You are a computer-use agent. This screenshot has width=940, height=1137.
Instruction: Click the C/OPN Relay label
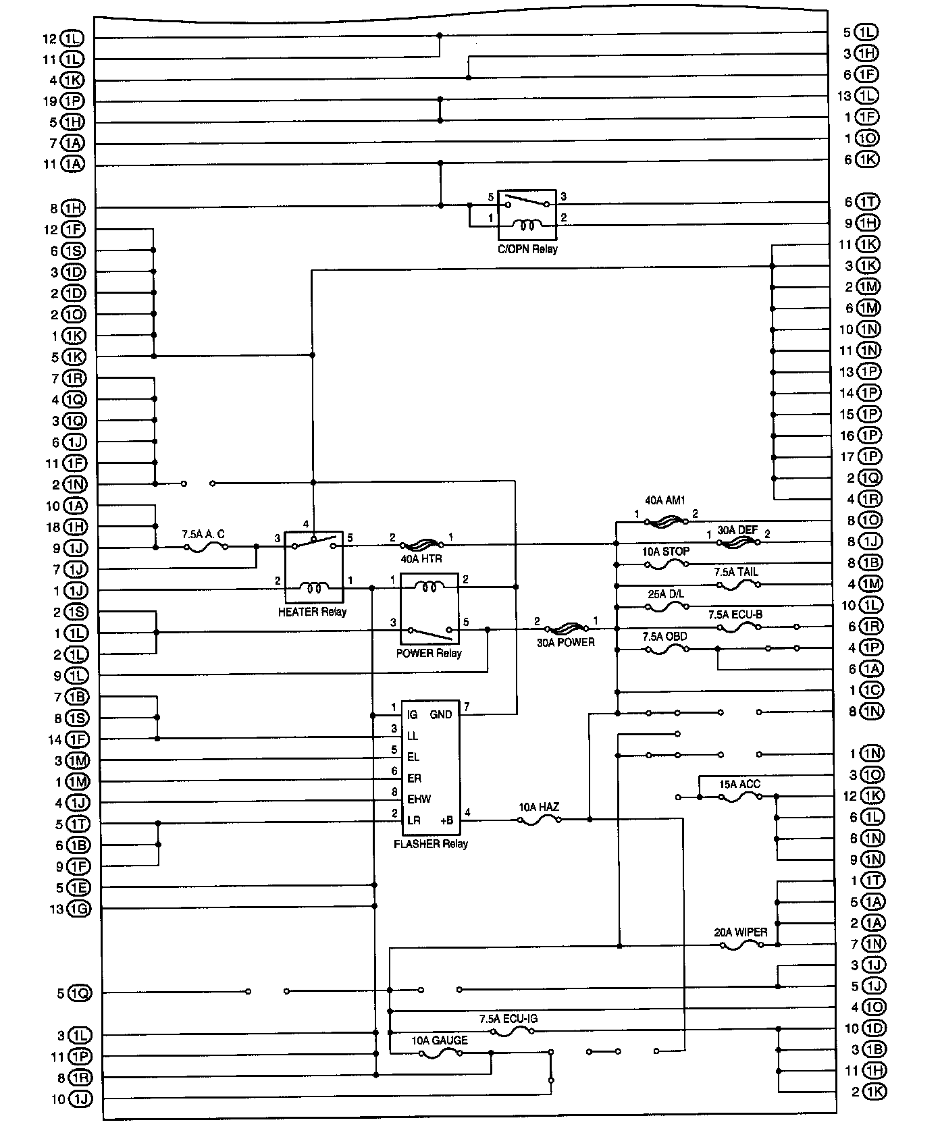click(x=527, y=249)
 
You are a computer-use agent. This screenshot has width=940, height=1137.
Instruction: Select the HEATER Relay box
click(x=313, y=566)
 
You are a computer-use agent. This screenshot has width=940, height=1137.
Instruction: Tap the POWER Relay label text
click(x=429, y=653)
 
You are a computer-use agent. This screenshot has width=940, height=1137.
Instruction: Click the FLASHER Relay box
click(x=430, y=767)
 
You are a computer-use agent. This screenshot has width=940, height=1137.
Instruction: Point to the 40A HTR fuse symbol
click(x=422, y=544)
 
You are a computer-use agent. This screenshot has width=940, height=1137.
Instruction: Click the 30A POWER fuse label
click(x=566, y=642)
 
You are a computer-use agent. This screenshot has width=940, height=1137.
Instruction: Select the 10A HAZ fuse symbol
click(x=539, y=820)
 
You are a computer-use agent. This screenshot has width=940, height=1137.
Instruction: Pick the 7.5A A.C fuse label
click(x=203, y=534)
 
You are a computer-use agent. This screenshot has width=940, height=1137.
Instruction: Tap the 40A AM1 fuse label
click(x=665, y=501)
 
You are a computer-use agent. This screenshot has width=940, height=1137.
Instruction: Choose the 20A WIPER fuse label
click(x=741, y=932)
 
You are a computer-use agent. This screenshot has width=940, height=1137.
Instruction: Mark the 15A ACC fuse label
click(x=739, y=784)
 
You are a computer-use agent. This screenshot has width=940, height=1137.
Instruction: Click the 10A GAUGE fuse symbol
click(x=440, y=1053)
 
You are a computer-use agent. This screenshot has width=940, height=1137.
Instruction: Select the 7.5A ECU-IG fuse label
click(x=508, y=1019)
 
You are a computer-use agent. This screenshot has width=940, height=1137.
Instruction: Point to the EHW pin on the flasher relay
click(x=419, y=799)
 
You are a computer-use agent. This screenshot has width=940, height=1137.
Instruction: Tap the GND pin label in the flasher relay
click(x=441, y=714)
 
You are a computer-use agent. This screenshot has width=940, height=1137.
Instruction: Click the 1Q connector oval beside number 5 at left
click(x=80, y=993)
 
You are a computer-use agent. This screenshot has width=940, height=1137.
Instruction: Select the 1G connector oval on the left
click(x=80, y=909)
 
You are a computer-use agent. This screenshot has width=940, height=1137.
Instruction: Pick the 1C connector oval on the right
click(x=871, y=690)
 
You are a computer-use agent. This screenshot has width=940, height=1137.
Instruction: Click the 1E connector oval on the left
click(x=80, y=887)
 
